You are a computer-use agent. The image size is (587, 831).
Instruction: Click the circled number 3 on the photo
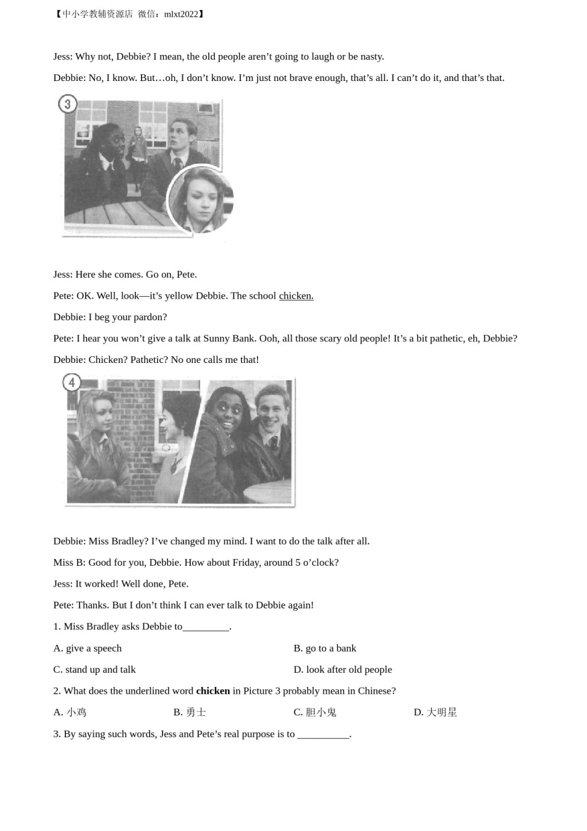67,104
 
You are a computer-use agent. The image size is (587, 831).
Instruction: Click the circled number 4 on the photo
72,383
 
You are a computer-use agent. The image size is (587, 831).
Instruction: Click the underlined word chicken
296,296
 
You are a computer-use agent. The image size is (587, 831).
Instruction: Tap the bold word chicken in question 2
213,691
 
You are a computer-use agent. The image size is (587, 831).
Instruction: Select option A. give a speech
88,648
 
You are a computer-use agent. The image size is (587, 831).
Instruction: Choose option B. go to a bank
325,648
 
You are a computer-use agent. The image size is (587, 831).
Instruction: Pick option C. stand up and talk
95,670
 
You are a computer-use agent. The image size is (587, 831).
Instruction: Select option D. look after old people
343,670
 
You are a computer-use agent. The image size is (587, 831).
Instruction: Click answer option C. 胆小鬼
315,712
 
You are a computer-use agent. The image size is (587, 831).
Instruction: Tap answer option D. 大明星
436,712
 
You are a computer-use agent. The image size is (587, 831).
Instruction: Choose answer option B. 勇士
190,712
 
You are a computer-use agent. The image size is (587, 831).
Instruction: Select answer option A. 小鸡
70,712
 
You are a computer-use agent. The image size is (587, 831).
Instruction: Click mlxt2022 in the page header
181,14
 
